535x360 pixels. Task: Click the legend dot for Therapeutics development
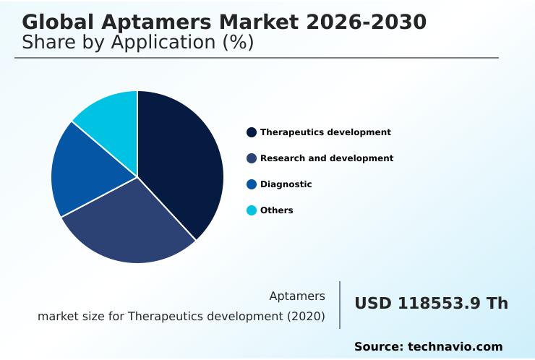coord(252,132)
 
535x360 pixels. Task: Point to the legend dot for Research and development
coord(252,158)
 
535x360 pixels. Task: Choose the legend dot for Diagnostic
coord(252,184)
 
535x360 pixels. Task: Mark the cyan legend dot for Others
coord(252,210)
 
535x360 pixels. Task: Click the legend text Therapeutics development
coord(325,132)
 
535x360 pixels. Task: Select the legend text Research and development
coord(327,158)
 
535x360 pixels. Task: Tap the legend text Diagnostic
coord(286,184)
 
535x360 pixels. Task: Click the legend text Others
coord(277,210)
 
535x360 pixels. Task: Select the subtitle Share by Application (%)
coord(138,43)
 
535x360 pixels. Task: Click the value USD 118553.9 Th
coord(431,304)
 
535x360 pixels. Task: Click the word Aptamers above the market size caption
coord(297,296)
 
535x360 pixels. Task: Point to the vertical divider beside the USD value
coord(340,305)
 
